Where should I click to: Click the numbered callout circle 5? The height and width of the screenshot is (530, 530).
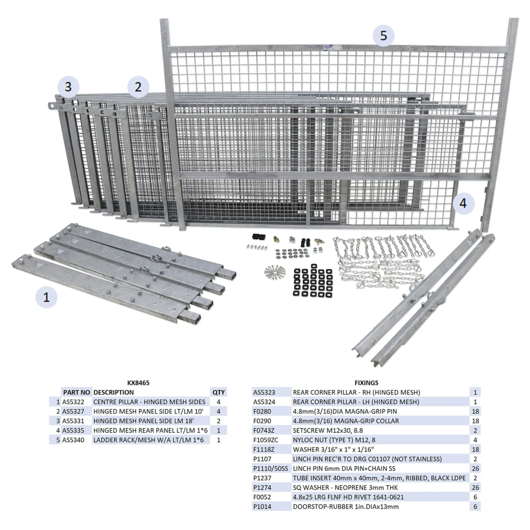tap(383, 36)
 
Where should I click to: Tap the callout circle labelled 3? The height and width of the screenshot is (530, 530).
tap(68, 87)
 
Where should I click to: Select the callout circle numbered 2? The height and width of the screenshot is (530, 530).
tap(138, 87)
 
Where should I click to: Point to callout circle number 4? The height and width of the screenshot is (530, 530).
tap(463, 204)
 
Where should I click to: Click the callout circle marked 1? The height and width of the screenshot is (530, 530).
tap(47, 297)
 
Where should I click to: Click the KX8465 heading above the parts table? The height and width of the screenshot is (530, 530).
tap(138, 383)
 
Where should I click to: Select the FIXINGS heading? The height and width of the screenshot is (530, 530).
tap(366, 383)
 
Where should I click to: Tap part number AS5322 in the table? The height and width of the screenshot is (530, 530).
tap(73, 402)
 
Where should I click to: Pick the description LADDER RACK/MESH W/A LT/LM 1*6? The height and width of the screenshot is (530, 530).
tap(149, 440)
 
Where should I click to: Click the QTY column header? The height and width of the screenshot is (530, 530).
tap(219, 392)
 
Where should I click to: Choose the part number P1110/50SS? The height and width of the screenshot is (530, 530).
tap(271, 468)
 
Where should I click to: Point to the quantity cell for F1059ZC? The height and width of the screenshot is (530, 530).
tap(475, 440)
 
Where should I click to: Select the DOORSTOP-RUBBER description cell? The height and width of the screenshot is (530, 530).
tap(346, 506)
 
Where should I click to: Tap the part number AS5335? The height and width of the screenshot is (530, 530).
tap(73, 430)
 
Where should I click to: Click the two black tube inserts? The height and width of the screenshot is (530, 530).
tap(258, 236)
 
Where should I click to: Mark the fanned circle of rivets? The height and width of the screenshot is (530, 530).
tap(275, 271)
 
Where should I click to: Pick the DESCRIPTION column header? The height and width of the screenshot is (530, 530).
tap(114, 392)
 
